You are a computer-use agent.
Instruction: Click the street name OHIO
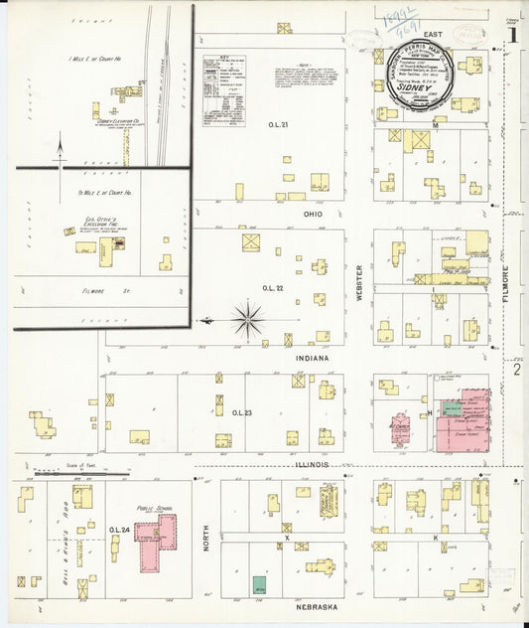coord(313,214)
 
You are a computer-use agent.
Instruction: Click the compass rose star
coord(247,320)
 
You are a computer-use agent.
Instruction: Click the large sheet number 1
coord(512,33)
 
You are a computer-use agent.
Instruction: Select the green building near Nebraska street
coord(259,586)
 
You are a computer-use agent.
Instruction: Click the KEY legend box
coord(223,89)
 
